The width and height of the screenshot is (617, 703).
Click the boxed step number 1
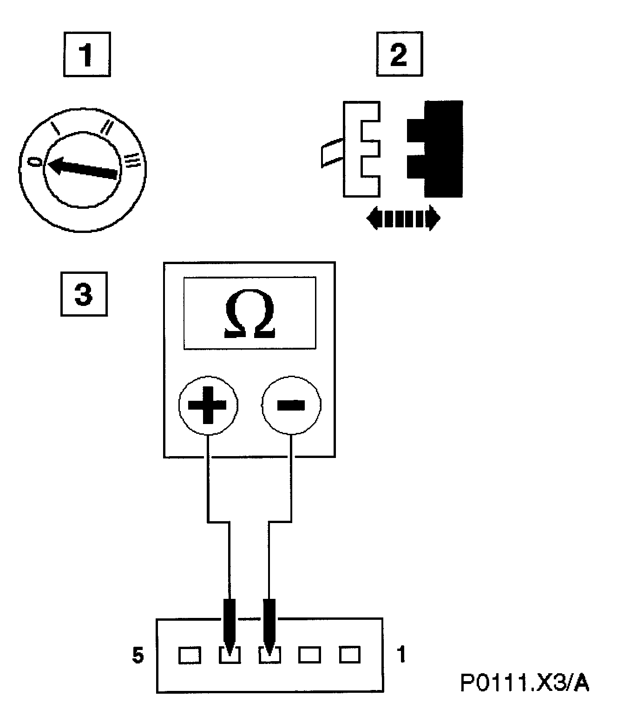click(87, 54)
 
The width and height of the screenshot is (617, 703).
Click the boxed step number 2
click(399, 54)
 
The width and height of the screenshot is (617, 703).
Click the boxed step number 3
click(84, 294)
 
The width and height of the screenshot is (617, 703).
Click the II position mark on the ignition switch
click(108, 126)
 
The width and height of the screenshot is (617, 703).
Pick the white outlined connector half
click(361, 149)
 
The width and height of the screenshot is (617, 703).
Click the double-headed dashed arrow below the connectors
click(403, 218)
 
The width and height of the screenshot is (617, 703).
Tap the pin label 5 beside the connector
click(138, 656)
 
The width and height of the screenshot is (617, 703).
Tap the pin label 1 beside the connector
click(401, 655)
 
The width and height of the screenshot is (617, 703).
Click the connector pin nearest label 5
click(190, 656)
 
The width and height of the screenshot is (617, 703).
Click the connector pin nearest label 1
click(350, 655)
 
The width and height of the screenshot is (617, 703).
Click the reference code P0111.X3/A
click(525, 683)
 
